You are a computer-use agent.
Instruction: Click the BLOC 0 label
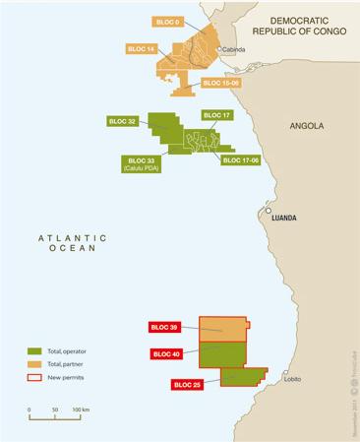tap(167, 21)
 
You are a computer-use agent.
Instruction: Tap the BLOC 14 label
tap(142, 47)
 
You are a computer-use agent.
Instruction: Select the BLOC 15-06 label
tap(221, 84)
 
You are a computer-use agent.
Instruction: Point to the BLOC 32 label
tap(122, 121)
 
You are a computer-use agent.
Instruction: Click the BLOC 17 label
tap(216, 115)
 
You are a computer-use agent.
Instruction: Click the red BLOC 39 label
tap(163, 326)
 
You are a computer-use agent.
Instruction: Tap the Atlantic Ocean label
tap(67, 243)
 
